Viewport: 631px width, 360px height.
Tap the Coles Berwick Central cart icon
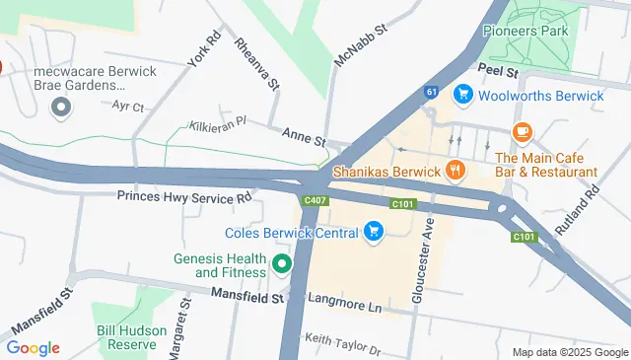[x=374, y=232]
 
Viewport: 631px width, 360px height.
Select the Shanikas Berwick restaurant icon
[x=455, y=171]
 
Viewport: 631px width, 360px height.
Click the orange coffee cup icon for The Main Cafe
[x=522, y=132]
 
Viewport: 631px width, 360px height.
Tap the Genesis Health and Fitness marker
[x=282, y=263]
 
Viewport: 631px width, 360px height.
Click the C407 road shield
[x=315, y=201]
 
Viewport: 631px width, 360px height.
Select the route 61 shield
[x=432, y=92]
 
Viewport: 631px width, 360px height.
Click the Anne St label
[x=304, y=138]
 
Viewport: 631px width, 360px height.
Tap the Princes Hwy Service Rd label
[x=185, y=196]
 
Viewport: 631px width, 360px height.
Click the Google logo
[x=33, y=347]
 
